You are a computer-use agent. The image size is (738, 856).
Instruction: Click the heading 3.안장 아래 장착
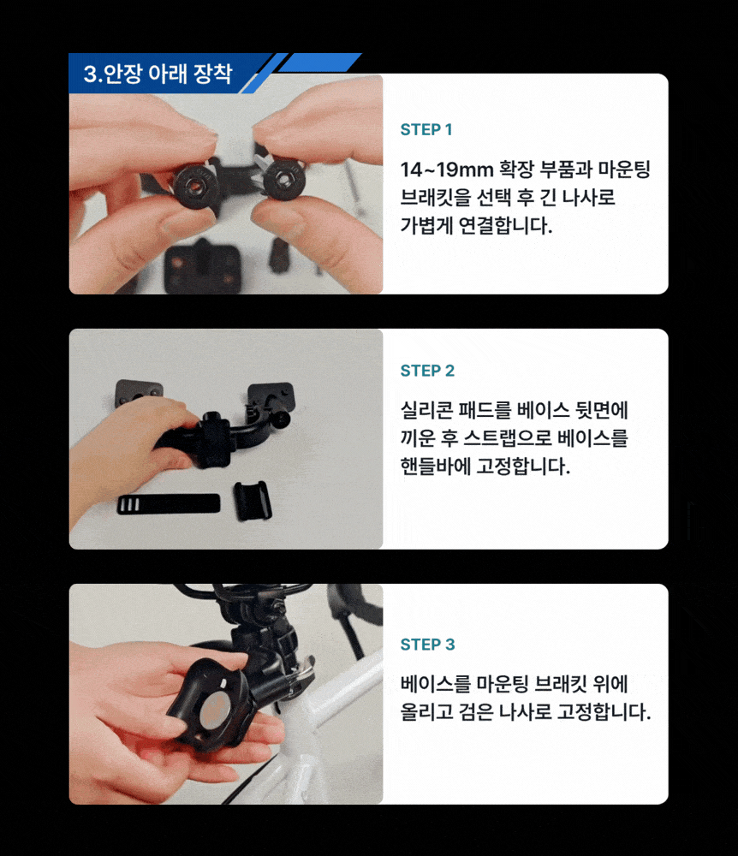[158, 73]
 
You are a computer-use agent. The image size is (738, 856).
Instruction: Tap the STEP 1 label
[426, 129]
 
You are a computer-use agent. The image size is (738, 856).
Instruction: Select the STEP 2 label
[427, 371]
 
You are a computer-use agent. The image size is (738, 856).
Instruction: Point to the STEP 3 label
[427, 645]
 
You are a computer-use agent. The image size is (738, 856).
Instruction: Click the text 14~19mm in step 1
[447, 169]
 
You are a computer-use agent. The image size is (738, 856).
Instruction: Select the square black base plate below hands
[203, 269]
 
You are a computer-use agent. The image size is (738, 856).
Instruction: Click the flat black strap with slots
[169, 504]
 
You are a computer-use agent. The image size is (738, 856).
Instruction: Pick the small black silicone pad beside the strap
[253, 501]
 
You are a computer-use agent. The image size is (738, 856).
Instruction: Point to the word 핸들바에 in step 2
[436, 467]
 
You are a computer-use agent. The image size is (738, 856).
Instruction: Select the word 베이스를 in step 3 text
[436, 683]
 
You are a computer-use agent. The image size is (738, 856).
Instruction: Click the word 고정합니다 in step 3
[604, 712]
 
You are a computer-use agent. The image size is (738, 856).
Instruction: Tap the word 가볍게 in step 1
[427, 225]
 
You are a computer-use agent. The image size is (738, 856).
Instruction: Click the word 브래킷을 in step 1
[436, 197]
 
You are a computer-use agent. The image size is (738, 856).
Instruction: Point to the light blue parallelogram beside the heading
[320, 62]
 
